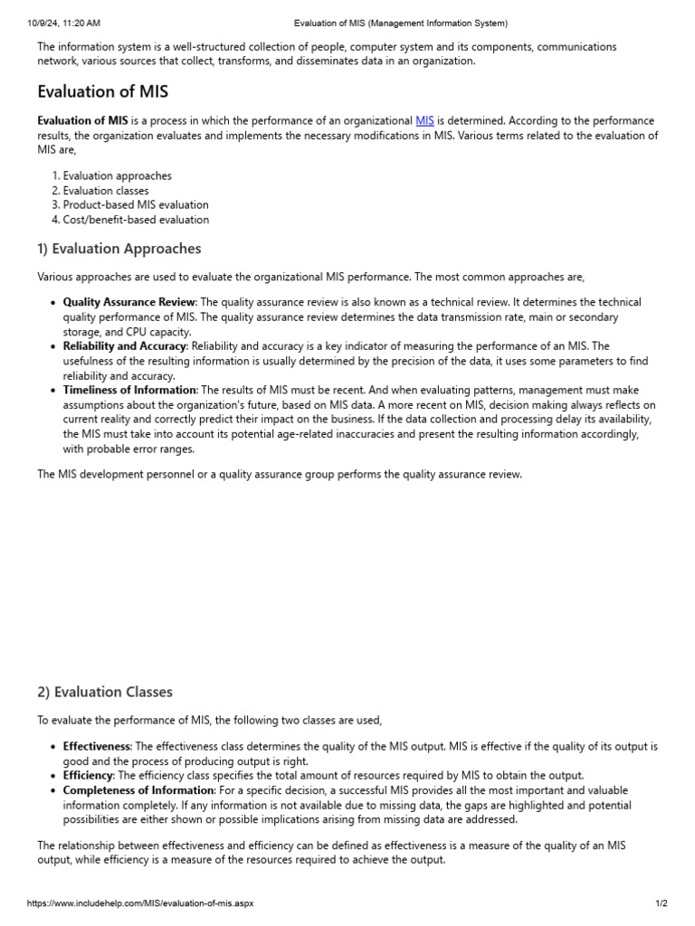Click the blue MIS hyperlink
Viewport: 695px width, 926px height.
point(424,121)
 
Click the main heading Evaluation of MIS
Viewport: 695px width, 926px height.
point(102,91)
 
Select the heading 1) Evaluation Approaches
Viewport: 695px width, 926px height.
point(119,249)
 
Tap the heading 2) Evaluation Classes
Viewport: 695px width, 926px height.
point(104,692)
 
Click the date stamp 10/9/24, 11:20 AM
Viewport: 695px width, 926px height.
point(64,23)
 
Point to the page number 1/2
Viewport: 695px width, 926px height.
point(661,903)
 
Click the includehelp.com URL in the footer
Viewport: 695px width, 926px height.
point(140,903)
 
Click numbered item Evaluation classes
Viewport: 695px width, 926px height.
point(105,191)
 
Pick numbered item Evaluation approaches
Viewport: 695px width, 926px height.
point(117,176)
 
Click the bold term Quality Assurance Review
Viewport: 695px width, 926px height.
point(129,302)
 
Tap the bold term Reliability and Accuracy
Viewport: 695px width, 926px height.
point(125,345)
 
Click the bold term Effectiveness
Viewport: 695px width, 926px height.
point(97,747)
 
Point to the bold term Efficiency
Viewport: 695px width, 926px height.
point(88,776)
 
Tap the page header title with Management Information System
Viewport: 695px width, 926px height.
point(401,23)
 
